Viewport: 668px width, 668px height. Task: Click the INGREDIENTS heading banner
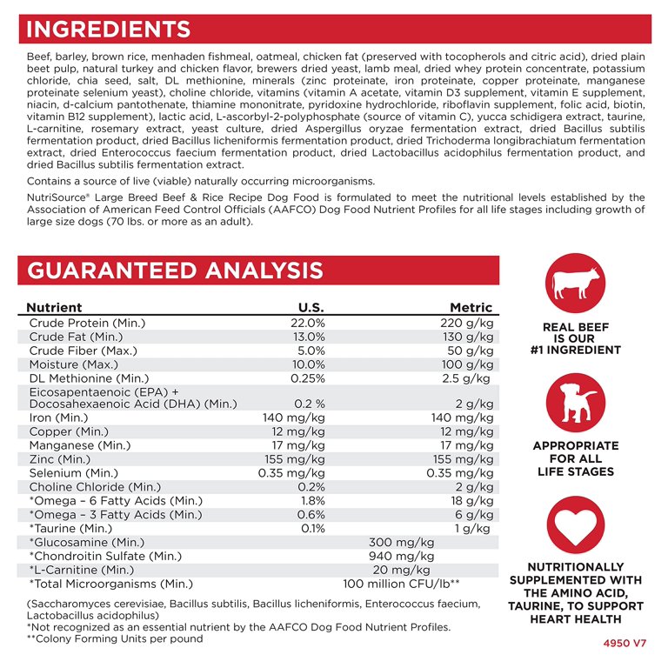pos(109,29)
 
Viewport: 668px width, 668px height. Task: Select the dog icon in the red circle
pos(573,402)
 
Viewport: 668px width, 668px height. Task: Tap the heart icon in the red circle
pos(573,521)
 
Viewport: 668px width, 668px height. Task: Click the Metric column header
pos(471,308)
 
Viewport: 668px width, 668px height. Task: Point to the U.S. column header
pos(311,308)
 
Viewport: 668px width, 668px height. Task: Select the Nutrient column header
pos(54,308)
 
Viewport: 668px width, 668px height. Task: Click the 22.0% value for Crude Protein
pos(308,323)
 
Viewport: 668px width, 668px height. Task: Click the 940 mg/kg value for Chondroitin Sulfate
pos(401,556)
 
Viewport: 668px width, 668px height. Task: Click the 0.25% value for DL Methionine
pos(308,378)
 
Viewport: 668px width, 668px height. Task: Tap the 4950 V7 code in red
pos(625,645)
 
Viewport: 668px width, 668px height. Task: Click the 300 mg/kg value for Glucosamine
pos(401,542)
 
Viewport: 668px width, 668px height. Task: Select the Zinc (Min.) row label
pos(59,458)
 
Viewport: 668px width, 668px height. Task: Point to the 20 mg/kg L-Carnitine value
pos(401,570)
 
